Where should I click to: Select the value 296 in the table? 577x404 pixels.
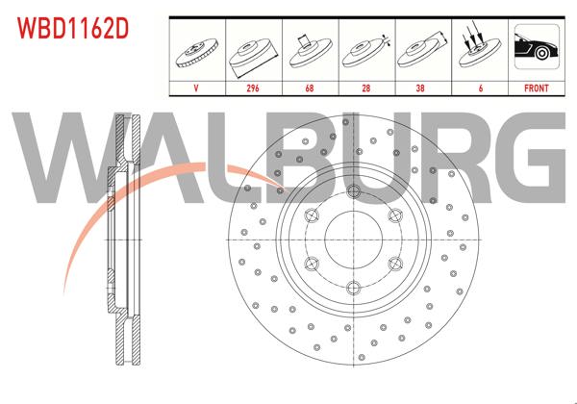click(252, 87)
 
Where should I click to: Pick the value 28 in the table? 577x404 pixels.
click(364, 87)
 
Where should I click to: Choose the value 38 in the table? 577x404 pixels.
click(420, 87)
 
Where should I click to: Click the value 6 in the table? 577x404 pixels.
click(477, 87)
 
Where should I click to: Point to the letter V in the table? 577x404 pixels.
click(196, 87)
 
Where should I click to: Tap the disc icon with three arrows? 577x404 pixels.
click(477, 50)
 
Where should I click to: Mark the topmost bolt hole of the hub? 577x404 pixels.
click(354, 189)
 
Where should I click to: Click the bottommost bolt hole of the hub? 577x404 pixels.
click(354, 286)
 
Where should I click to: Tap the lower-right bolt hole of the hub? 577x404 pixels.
click(396, 262)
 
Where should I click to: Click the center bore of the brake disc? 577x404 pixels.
click(354, 238)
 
